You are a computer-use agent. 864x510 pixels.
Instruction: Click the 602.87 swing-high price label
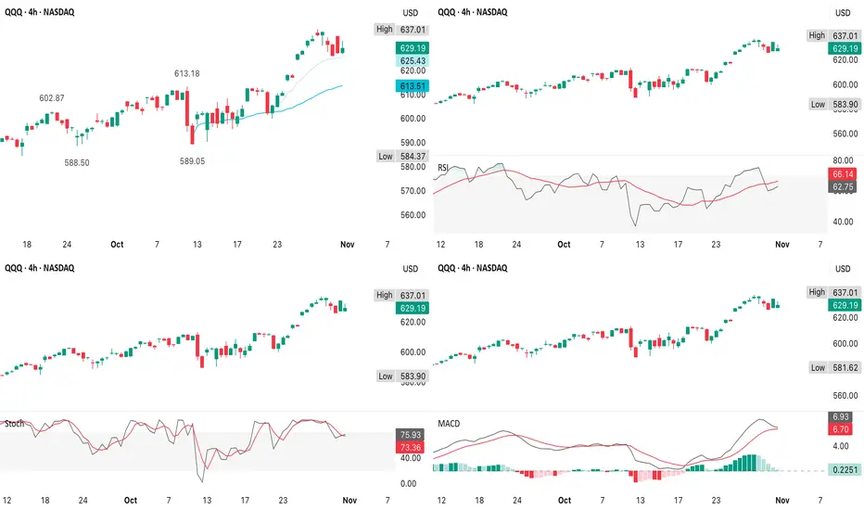[52, 98]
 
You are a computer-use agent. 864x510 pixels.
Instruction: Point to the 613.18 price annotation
[187, 73]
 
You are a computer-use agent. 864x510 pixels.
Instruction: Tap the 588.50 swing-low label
[77, 161]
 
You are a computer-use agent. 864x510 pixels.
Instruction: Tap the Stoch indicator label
[14, 424]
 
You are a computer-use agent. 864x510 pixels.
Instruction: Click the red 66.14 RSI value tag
[842, 173]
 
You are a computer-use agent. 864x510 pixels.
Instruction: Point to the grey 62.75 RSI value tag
[842, 186]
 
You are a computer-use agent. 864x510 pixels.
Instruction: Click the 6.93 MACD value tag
[842, 417]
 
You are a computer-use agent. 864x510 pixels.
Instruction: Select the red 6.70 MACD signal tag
[842, 430]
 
